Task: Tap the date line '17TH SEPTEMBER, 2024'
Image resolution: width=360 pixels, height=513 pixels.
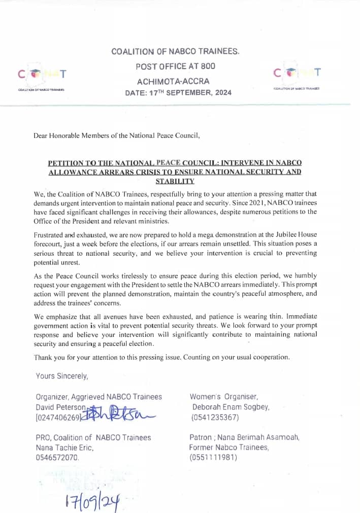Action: click(x=178, y=93)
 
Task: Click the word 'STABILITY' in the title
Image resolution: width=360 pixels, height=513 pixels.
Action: click(x=175, y=181)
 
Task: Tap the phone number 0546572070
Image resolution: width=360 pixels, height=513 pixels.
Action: click(x=57, y=458)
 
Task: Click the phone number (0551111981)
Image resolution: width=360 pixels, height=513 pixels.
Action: click(x=213, y=457)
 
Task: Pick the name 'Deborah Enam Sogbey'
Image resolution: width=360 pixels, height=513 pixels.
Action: click(x=231, y=407)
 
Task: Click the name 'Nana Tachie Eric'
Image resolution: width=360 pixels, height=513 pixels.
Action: click(x=64, y=448)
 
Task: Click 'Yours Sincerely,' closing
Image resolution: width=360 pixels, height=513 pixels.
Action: click(x=62, y=376)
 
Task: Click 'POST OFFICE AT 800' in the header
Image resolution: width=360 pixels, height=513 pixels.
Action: click(x=175, y=66)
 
